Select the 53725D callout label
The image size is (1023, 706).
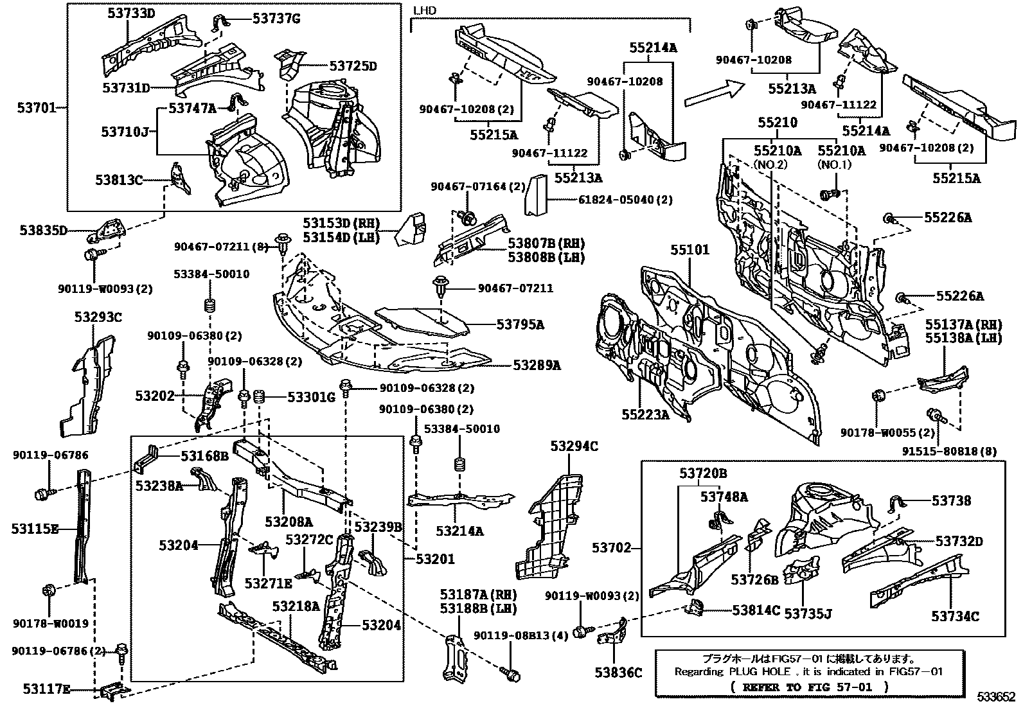point(353,66)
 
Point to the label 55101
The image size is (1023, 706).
point(691,250)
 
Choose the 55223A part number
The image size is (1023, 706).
point(645,415)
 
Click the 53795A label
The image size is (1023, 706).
point(520,325)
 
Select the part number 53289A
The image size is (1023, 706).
point(537,365)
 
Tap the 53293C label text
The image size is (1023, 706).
point(98,317)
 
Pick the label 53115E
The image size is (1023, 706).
point(35,529)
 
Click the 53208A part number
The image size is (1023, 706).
point(289,522)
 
